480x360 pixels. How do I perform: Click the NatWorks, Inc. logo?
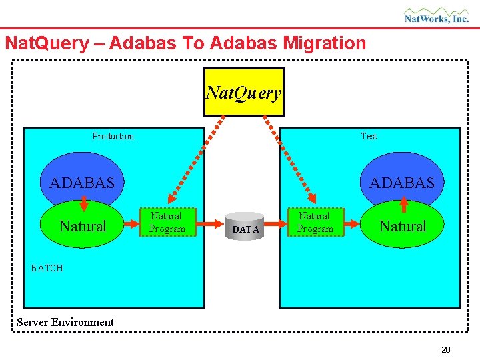click(436, 15)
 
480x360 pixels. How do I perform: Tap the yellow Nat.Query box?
click(243, 92)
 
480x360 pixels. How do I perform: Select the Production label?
click(113, 136)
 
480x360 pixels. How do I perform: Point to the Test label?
click(369, 136)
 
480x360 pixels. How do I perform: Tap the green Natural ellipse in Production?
click(83, 227)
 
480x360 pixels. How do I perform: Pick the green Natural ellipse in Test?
click(403, 227)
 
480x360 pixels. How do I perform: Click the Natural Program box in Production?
click(167, 222)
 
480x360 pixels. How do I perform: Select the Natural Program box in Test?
click(315, 222)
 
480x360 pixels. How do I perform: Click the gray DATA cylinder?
click(245, 228)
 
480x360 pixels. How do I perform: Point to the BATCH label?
click(47, 268)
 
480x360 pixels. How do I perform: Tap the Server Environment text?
click(65, 322)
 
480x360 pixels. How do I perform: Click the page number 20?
click(446, 349)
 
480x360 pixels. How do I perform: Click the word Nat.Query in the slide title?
click(46, 43)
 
